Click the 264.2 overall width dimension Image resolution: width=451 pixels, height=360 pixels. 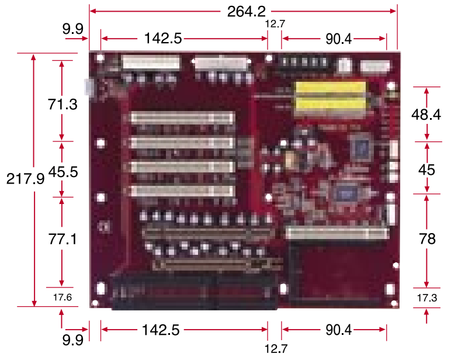246,12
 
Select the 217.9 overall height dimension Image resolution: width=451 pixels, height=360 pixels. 25,179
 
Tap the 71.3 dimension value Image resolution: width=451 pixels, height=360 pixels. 63,104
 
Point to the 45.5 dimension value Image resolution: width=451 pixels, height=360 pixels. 63,172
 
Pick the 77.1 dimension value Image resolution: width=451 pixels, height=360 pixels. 63,239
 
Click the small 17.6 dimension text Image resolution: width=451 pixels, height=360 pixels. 63,297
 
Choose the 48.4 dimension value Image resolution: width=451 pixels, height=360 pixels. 426,115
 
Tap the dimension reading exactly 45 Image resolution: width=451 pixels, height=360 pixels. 426,170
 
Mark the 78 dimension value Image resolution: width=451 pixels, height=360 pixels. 427,239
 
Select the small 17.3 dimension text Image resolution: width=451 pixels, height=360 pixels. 427,298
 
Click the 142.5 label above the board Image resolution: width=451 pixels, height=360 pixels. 163,38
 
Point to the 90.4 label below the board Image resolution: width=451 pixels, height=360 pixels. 338,330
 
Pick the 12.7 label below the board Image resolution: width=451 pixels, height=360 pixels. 276,349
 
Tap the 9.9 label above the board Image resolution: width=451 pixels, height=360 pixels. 73,29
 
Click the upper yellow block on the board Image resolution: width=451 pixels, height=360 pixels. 331,88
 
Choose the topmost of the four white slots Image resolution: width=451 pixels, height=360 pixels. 183,118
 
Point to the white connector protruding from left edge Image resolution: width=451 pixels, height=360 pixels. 89,87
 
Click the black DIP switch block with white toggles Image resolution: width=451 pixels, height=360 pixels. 303,63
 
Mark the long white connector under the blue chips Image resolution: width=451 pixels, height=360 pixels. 338,233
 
